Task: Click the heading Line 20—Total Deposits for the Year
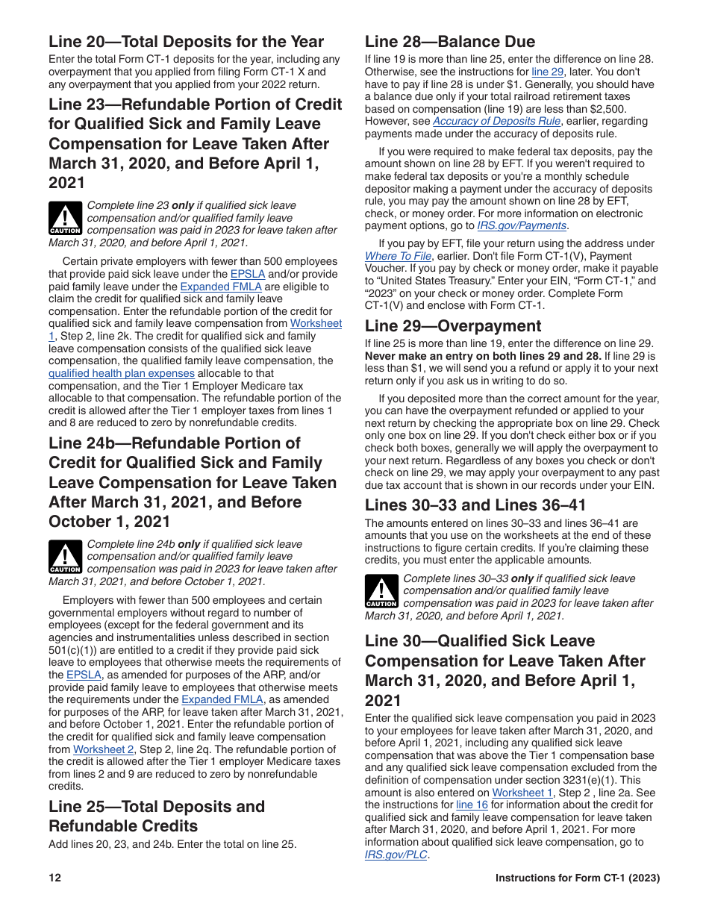tap(186, 42)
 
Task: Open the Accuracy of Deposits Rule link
tap(496, 121)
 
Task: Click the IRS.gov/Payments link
tap(522, 225)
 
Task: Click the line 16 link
tap(472, 805)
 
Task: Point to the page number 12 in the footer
tap(54, 878)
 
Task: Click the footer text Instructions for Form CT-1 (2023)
tap(578, 878)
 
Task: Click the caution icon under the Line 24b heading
tap(65, 557)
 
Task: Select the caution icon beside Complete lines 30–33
tap(381, 591)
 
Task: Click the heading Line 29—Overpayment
tap(453, 326)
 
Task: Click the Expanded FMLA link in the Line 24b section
tap(222, 700)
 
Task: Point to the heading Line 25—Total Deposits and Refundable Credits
tap(157, 816)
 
